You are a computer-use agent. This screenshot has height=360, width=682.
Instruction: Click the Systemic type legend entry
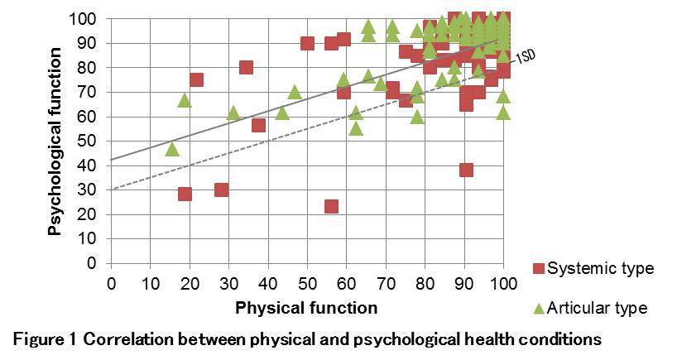pos(593,268)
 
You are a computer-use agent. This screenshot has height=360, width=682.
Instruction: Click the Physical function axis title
pos(306,308)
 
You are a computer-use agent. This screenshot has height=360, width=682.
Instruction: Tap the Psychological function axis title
pos(55,141)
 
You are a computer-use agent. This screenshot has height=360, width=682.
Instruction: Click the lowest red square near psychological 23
pos(331,206)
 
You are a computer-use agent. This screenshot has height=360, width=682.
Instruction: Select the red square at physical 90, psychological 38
pos(466,170)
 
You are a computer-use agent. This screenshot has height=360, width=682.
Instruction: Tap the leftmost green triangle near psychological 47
pos(172,149)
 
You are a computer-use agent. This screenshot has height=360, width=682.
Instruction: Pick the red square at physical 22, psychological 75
pos(196,79)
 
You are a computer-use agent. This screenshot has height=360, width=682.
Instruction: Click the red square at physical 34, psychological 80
pos(246,67)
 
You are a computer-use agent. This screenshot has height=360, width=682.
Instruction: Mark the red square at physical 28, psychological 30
pos(221,190)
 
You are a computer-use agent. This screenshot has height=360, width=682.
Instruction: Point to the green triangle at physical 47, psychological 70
pos(294,91)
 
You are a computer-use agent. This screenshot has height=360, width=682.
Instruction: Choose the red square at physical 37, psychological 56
pos(258,125)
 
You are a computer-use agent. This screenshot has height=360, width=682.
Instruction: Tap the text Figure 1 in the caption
pos(44,338)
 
